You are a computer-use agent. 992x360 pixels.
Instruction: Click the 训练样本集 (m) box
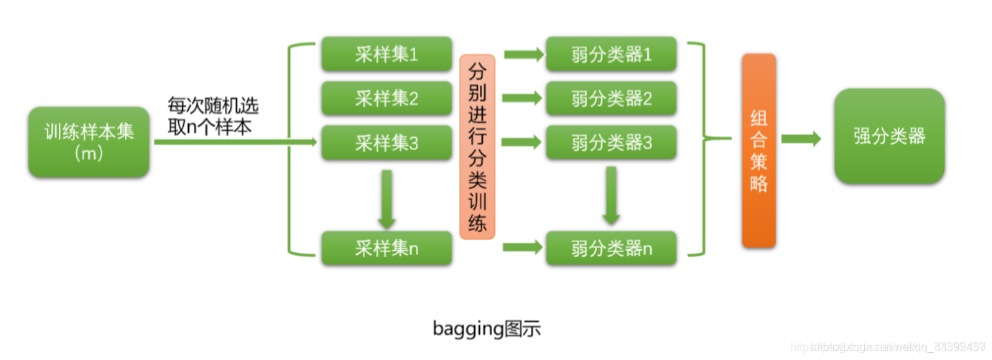tap(89, 142)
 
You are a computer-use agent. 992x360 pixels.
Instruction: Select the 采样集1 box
tap(386, 55)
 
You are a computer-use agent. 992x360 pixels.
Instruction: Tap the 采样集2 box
tap(386, 98)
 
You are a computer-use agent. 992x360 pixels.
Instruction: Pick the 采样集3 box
tap(386, 143)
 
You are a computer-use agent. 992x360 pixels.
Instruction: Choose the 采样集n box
tap(386, 249)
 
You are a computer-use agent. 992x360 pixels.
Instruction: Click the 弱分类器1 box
tap(611, 55)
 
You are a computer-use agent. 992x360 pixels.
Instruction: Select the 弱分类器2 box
tap(611, 98)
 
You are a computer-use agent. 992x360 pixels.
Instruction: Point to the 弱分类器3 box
tap(611, 143)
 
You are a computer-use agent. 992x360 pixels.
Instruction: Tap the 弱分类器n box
tap(611, 249)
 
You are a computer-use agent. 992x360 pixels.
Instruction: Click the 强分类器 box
tap(889, 137)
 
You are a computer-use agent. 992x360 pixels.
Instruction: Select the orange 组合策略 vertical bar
tap(759, 151)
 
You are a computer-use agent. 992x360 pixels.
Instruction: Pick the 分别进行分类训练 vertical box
tap(477, 147)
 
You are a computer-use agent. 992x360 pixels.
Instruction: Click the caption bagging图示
tap(486, 329)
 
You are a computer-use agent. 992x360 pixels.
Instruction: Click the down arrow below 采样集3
tap(386, 196)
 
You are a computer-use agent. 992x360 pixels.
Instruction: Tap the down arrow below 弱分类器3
tap(611, 195)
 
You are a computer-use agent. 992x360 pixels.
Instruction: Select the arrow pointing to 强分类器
tap(801, 139)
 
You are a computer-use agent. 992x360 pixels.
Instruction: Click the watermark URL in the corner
tap(898, 348)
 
